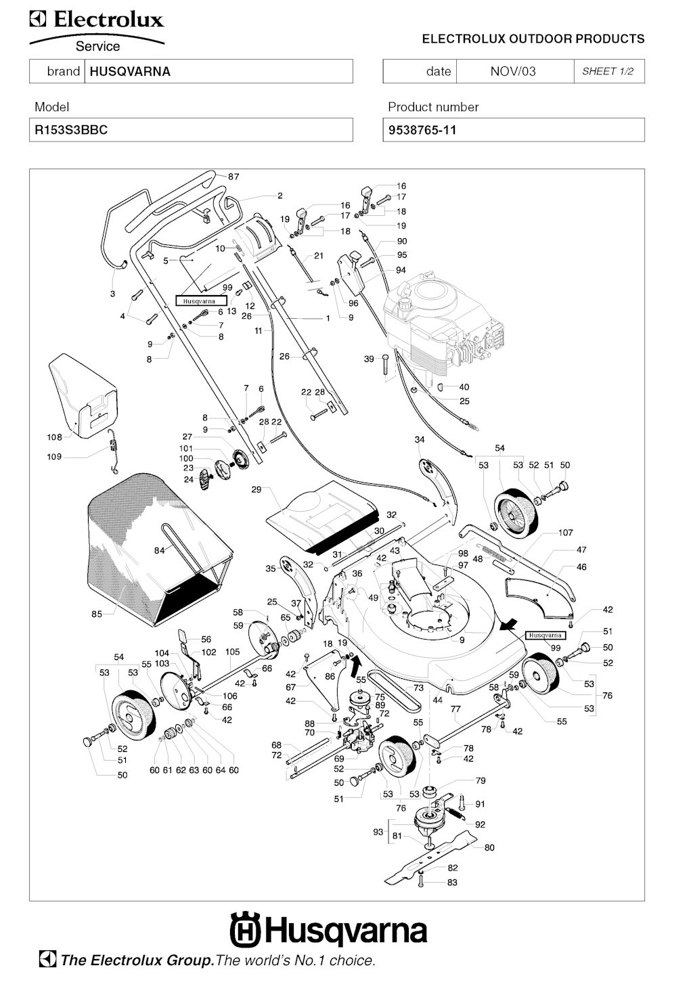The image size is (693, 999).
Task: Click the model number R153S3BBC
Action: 71,130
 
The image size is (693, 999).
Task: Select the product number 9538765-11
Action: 422,130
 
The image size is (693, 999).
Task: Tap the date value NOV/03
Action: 512,71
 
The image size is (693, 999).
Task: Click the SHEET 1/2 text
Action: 608,71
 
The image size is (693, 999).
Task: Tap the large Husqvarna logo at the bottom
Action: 329,931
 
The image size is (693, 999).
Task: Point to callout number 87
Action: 233,177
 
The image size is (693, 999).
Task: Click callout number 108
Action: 54,437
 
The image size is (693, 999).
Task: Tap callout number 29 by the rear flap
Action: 256,489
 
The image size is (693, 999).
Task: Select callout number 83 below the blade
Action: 452,883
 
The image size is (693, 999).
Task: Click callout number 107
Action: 566,533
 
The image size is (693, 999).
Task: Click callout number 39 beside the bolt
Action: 369,359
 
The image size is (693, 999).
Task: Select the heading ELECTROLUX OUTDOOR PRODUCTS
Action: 533,39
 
